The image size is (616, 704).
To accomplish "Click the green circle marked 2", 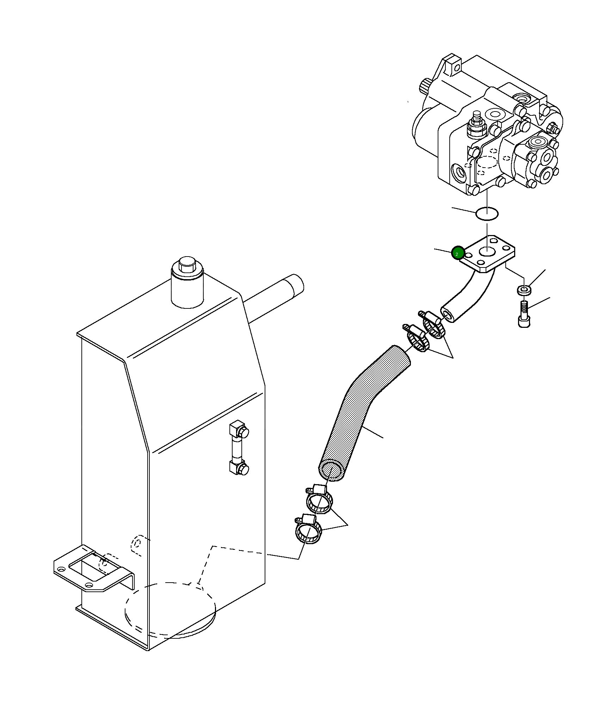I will coord(457,253).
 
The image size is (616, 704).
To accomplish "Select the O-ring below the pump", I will coord(487,213).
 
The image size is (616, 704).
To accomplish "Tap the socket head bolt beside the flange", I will coord(524,314).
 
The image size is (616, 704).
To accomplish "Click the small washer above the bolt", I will coord(524,290).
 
